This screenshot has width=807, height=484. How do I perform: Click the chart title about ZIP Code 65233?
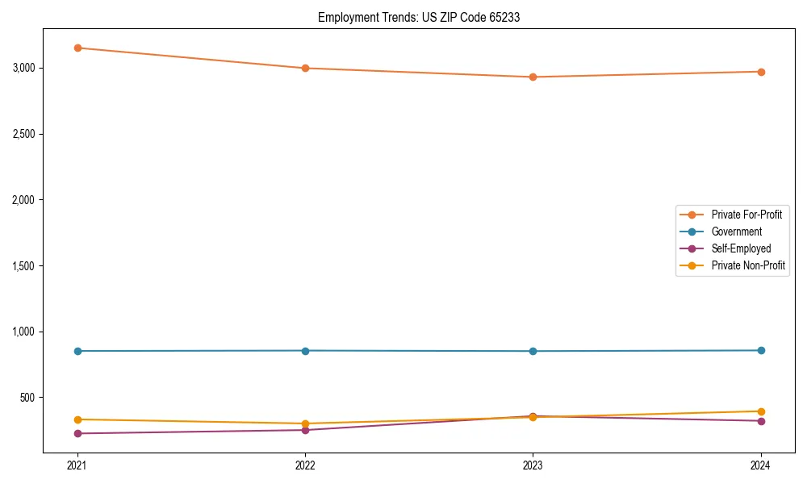[418, 17]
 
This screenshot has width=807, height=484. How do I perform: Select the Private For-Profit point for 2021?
[77, 48]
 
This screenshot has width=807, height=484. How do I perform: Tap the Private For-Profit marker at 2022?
[305, 68]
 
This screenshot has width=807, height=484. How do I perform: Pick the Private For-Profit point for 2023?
[533, 77]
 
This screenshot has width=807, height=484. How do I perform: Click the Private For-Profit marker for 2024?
[761, 72]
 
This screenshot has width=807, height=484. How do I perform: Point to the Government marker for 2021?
[77, 351]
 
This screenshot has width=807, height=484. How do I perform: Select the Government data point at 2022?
[305, 350]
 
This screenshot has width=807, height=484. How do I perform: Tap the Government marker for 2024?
[761, 350]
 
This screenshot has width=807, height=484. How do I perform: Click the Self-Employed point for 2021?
[77, 433]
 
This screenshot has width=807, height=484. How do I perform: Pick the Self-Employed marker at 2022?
[305, 429]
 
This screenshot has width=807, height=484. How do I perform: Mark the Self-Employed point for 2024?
[761, 420]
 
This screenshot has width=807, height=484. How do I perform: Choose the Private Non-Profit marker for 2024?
[761, 411]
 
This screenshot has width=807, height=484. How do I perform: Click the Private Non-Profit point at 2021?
[77, 419]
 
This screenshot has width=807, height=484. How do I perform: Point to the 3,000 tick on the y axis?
[24, 68]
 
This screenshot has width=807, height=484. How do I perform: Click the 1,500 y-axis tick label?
[24, 265]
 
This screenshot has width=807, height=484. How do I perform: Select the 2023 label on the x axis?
[533, 465]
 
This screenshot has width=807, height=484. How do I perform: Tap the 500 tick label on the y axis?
[29, 398]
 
